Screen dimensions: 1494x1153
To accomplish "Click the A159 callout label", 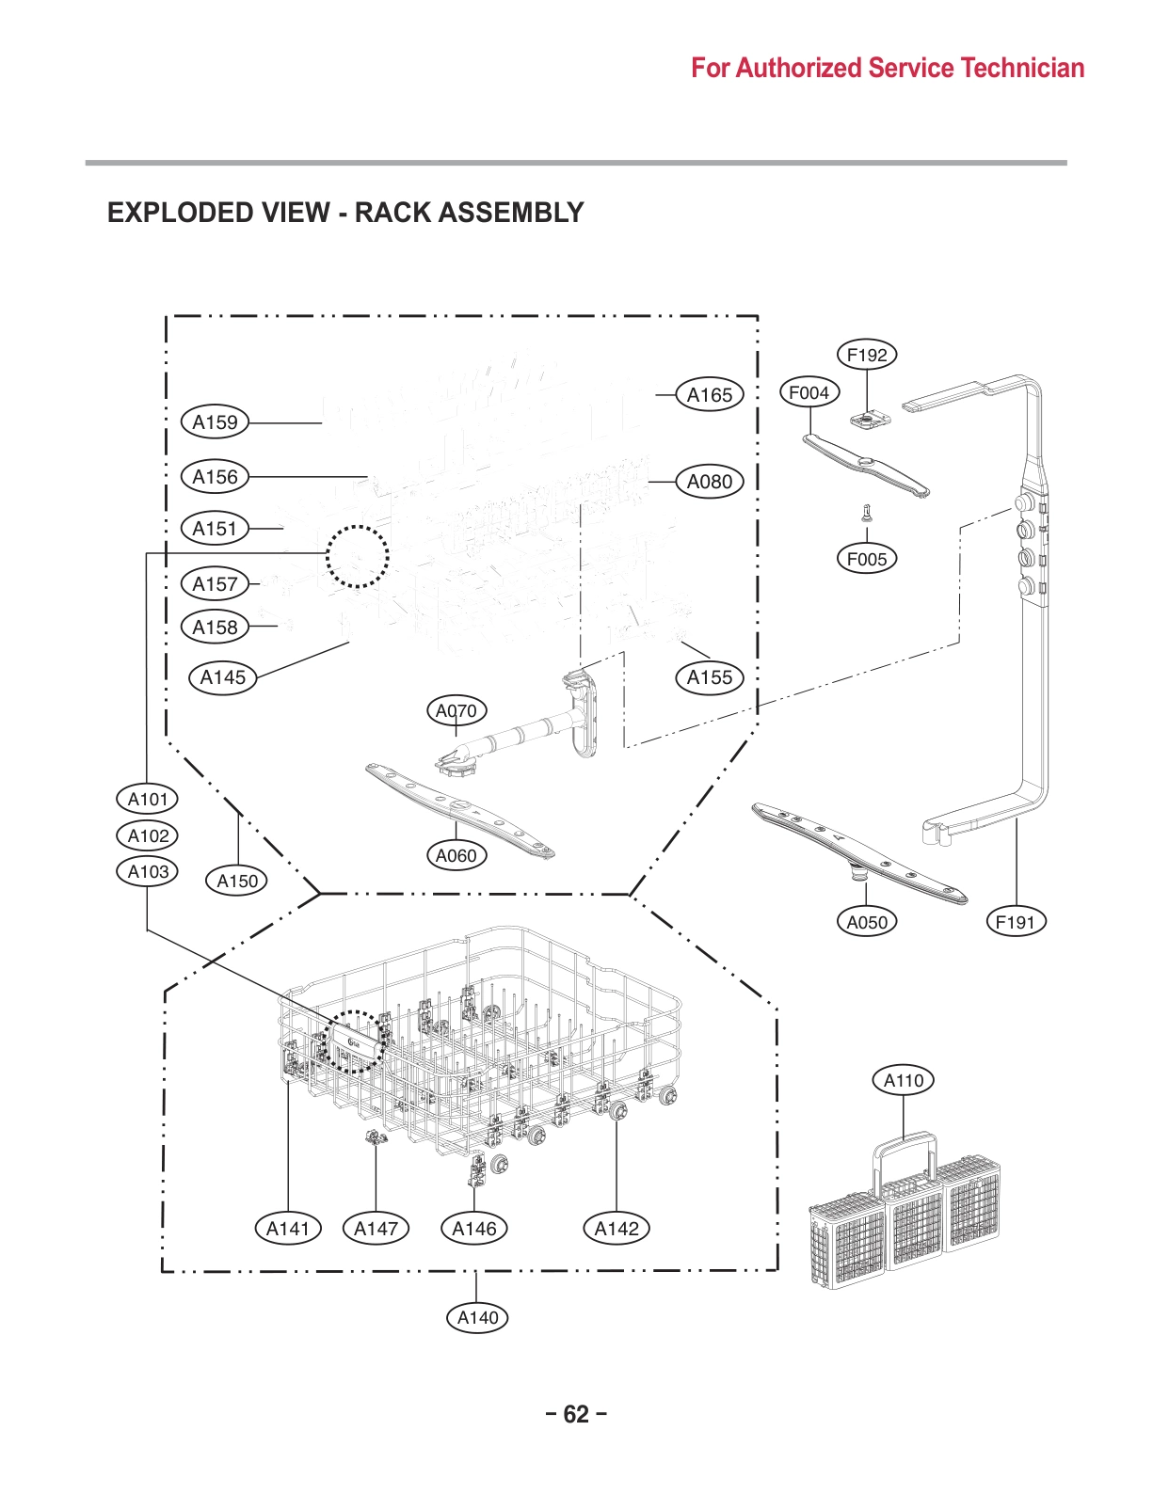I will (x=215, y=422).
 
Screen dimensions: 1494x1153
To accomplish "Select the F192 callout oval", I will (x=867, y=355).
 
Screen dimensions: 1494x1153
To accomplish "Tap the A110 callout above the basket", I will (x=904, y=1080).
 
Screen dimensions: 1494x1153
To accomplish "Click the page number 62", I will (x=576, y=1414).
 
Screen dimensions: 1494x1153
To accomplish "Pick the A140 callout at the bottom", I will (x=477, y=1317).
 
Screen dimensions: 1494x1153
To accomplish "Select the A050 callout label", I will (x=867, y=922).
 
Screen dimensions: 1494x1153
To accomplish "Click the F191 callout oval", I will (x=1016, y=922).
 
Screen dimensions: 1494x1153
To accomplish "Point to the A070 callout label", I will (x=456, y=711).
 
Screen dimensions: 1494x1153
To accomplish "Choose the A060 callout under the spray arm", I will (x=456, y=855).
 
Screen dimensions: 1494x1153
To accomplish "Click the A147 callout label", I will (x=376, y=1228).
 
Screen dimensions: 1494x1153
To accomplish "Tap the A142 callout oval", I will (x=617, y=1228).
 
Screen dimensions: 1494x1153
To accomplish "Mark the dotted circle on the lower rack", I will (x=355, y=1042).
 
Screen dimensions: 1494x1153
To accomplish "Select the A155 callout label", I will (x=709, y=677).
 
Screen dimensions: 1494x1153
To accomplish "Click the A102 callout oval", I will (x=148, y=835).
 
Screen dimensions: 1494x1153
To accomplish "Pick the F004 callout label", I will (x=809, y=392).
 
